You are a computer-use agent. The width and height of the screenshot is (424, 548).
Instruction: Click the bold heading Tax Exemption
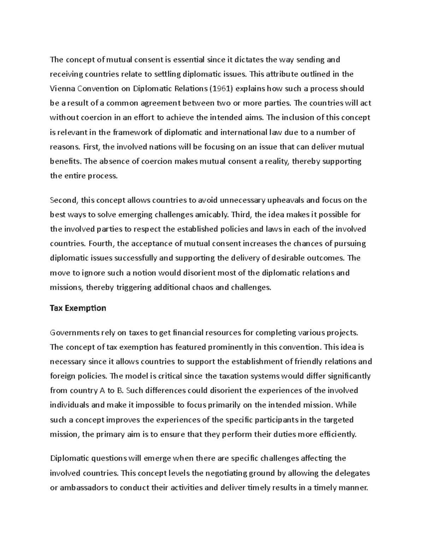coord(78,308)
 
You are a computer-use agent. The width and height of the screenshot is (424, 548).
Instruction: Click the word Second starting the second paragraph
coord(63,200)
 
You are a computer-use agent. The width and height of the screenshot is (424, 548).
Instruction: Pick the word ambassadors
coord(87,488)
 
